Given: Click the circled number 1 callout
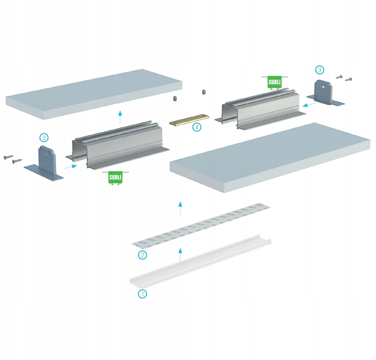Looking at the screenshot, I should (143, 294).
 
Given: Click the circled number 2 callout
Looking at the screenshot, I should (143, 255).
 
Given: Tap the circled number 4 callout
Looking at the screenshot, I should (197, 126).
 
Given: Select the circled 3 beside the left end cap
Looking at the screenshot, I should (44, 137).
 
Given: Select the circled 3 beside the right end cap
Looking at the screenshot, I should (319, 70).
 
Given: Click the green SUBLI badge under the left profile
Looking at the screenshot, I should (116, 177).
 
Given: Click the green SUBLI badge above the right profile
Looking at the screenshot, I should (274, 81).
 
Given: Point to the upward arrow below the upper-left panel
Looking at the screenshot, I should (120, 118).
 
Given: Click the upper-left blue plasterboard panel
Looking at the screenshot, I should (93, 93).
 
